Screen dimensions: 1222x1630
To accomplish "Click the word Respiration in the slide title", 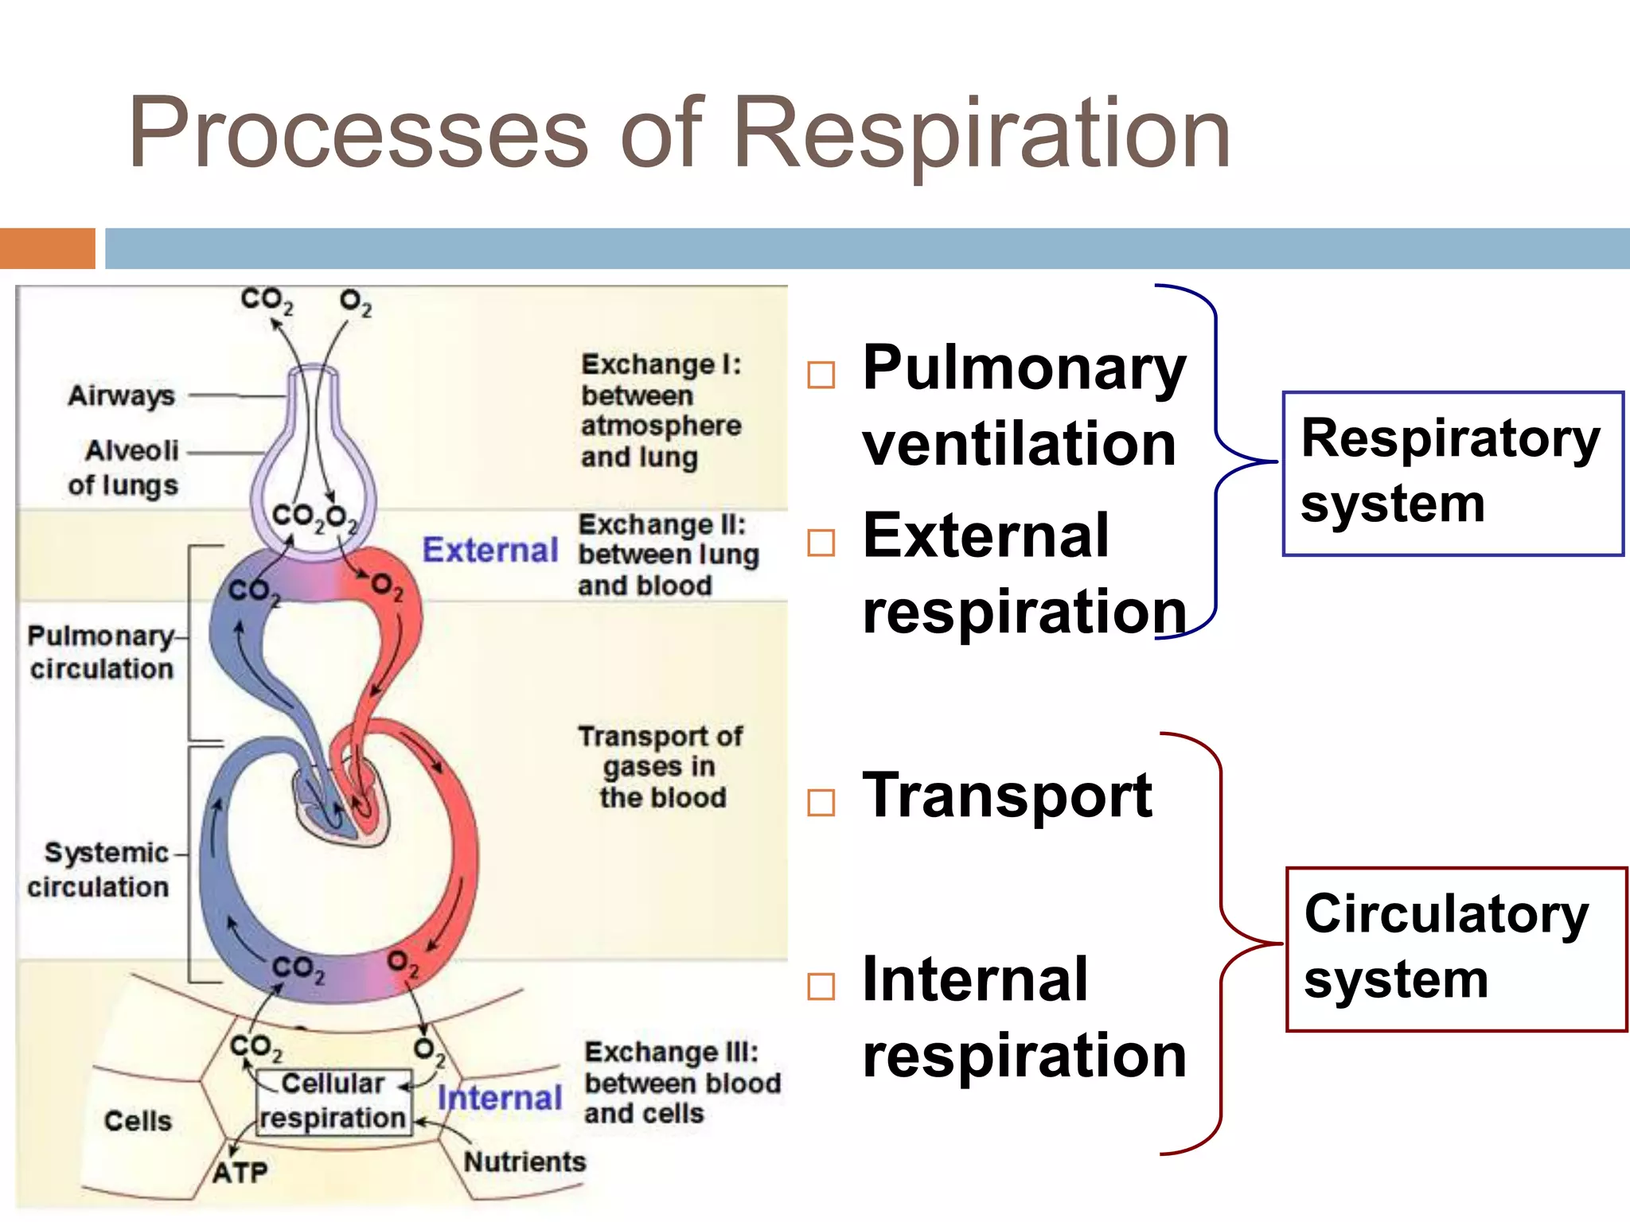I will point(981,134).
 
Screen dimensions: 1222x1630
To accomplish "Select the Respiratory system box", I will point(1452,473).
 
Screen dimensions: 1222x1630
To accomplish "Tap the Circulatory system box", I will point(1456,948).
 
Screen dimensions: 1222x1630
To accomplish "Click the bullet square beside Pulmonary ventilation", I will point(821,375).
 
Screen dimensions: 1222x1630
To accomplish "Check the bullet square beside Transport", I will point(821,802).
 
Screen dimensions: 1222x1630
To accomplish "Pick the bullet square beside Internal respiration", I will point(821,987).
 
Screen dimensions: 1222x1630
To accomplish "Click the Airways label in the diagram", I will point(121,395).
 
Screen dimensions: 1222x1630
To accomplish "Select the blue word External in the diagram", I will point(489,551).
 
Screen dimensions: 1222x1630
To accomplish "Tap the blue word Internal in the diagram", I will point(500,1099).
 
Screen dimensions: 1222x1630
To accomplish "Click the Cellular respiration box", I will point(333,1101).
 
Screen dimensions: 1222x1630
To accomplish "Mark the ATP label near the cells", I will point(240,1173).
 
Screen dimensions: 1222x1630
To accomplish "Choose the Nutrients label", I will point(524,1162).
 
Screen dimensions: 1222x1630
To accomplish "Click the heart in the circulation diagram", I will point(342,804).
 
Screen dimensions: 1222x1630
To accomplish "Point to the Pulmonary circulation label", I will point(102,652).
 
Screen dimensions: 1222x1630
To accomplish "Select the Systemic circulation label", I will point(100,870).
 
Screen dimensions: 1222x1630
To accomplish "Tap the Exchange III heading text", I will point(671,1053).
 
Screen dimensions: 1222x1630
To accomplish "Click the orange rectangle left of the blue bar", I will point(47,248).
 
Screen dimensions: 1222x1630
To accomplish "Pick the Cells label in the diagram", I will point(138,1121).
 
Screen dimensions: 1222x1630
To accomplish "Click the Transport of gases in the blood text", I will point(661,767).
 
